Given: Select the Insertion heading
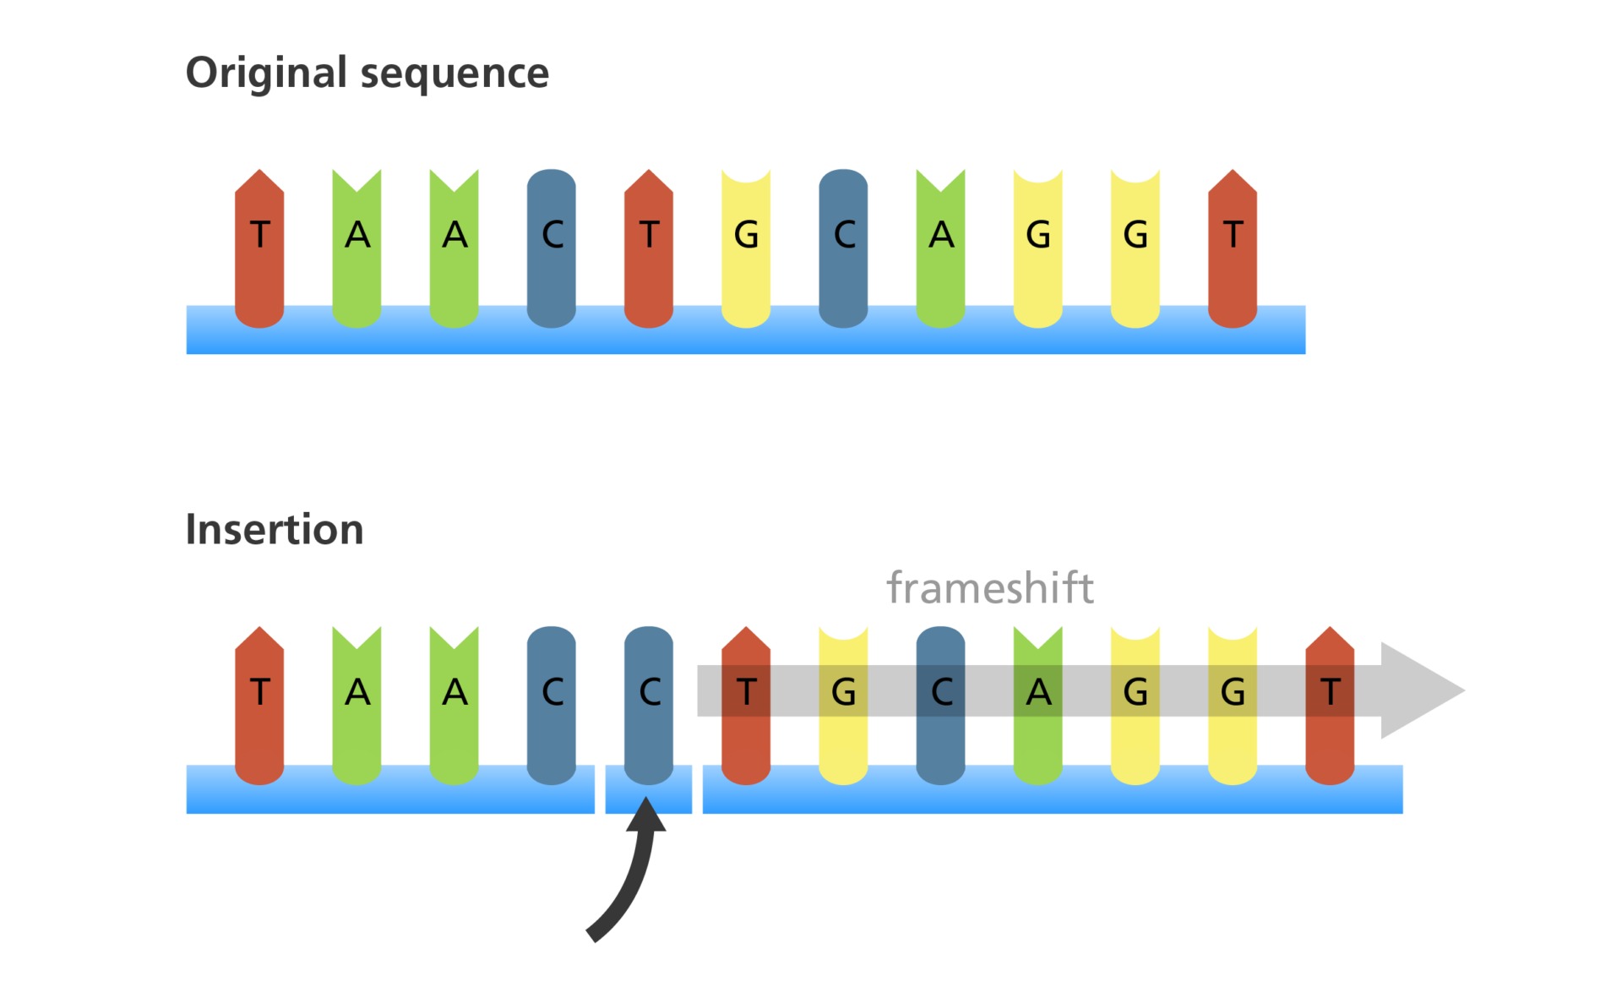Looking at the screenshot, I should [x=274, y=530].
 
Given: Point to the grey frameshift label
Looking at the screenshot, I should [x=989, y=587].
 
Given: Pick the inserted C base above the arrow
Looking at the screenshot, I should [x=649, y=693].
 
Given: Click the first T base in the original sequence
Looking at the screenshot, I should [x=259, y=237].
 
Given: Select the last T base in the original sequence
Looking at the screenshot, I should [x=1233, y=237].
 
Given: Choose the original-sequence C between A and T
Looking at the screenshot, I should [x=552, y=237].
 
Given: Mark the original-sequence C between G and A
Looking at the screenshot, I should [x=843, y=237].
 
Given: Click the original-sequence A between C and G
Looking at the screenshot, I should [x=940, y=237].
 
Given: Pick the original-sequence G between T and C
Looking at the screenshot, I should [x=746, y=237].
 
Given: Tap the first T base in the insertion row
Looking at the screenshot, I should [x=259, y=693].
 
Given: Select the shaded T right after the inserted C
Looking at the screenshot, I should [x=746, y=693].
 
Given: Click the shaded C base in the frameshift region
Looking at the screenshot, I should [x=940, y=693].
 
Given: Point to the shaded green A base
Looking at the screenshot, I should [x=1038, y=693].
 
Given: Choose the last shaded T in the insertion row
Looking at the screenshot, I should [x=1330, y=693].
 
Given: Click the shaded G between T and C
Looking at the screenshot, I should [x=843, y=693].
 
